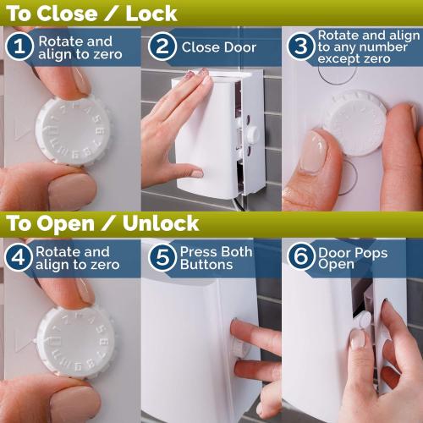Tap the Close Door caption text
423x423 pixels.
tap(218, 47)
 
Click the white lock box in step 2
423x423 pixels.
tap(207, 135)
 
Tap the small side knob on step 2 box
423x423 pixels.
tap(252, 136)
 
